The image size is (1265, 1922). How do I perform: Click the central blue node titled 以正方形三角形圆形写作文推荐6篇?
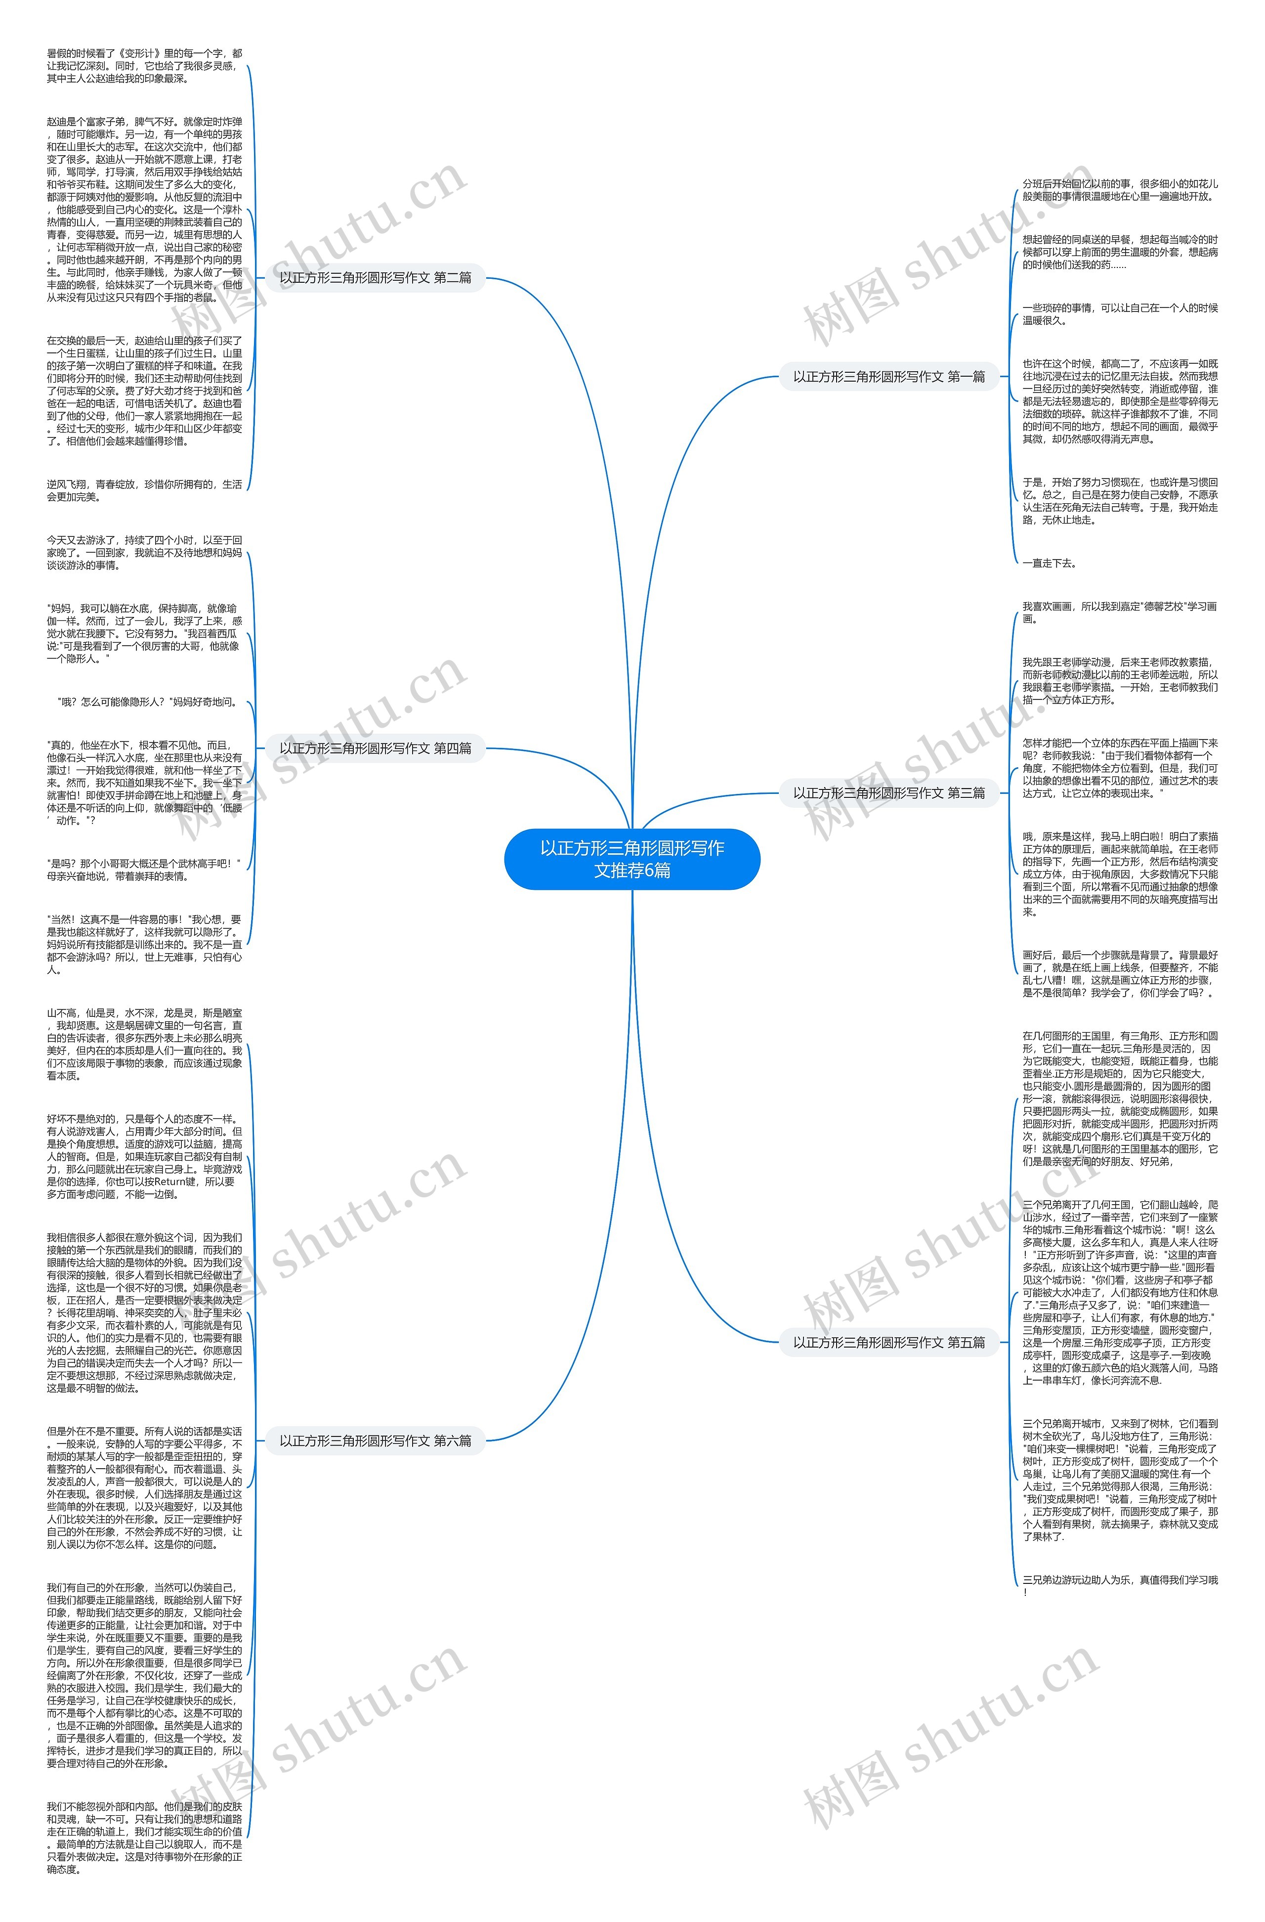pos(632,859)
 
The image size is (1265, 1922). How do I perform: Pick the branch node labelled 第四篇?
pos(376,748)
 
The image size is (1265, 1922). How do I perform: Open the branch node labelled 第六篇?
pos(376,1441)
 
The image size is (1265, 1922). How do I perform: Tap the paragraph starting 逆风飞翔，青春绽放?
pos(144,490)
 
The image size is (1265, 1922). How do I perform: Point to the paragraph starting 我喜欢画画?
pos(1119,612)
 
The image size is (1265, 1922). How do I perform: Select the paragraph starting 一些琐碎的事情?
pos(1119,314)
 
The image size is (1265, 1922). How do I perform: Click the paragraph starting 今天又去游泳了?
pos(144,552)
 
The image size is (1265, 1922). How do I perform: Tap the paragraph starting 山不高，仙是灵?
pos(144,1044)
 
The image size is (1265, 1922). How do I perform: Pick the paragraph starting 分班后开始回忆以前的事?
pos(1119,190)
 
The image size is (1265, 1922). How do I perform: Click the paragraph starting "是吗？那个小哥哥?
pos(144,869)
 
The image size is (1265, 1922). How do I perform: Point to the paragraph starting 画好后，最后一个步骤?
pos(1119,973)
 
